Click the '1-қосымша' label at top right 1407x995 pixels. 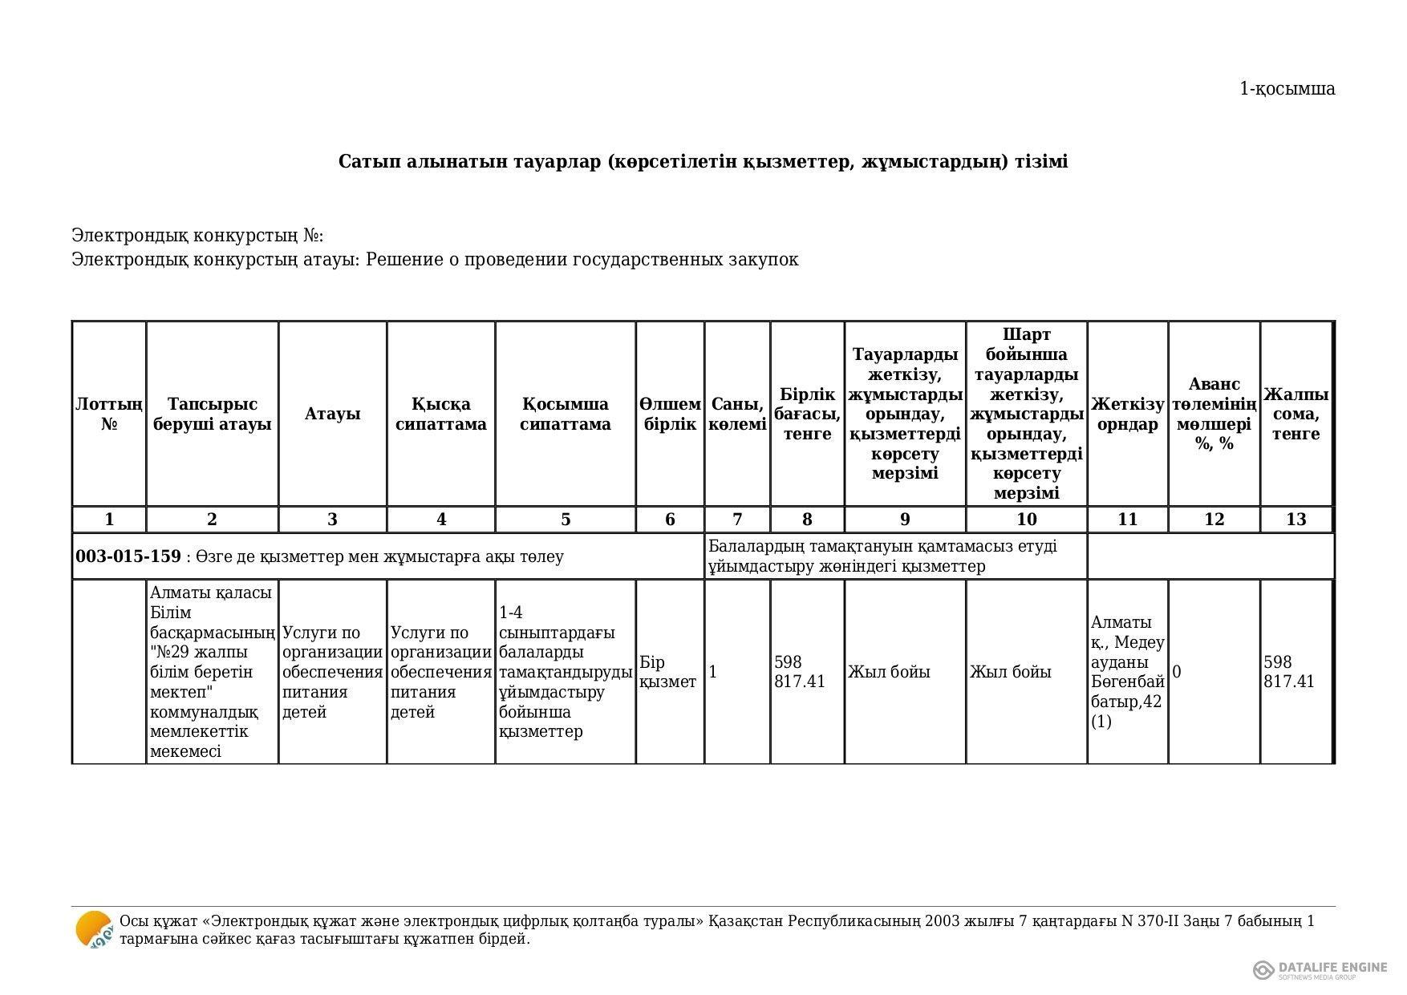pos(1287,89)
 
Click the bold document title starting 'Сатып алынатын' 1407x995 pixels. pos(703,162)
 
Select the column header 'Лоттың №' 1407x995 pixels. pos(109,414)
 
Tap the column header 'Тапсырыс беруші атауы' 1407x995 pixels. pos(212,414)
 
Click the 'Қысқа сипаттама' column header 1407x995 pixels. pos(440,414)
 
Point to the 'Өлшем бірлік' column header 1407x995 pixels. pos(670,414)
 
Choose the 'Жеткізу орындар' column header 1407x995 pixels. pos(1127,414)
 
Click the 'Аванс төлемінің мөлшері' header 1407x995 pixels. pos(1214,414)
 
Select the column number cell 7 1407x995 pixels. pos(737,520)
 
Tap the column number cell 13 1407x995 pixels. pos(1295,520)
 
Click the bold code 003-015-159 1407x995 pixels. pos(128,556)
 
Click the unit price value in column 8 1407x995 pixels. pos(800,672)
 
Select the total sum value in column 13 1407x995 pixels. pos(1289,672)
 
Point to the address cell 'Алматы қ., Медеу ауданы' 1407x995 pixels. pos(1127,672)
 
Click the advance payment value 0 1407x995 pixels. pos(1177,672)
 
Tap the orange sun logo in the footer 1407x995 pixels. pos(94,930)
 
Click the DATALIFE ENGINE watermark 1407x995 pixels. pos(1320,969)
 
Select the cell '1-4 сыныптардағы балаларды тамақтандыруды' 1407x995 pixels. pos(566,672)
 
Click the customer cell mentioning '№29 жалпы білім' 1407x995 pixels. pos(212,672)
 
